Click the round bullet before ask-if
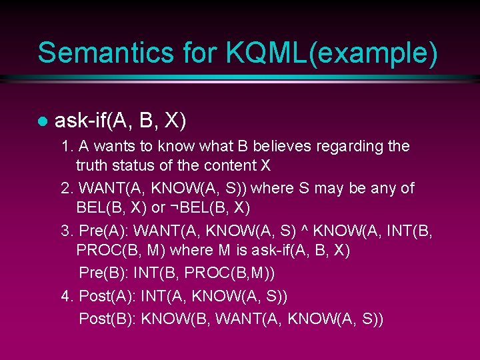tap(41, 122)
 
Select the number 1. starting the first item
tap(67, 146)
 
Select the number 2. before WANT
tap(67, 189)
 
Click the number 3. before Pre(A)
tap(67, 231)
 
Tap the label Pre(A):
tap(103, 231)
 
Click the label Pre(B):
tap(103, 273)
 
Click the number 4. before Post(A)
tap(67, 295)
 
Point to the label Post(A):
tap(108, 295)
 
